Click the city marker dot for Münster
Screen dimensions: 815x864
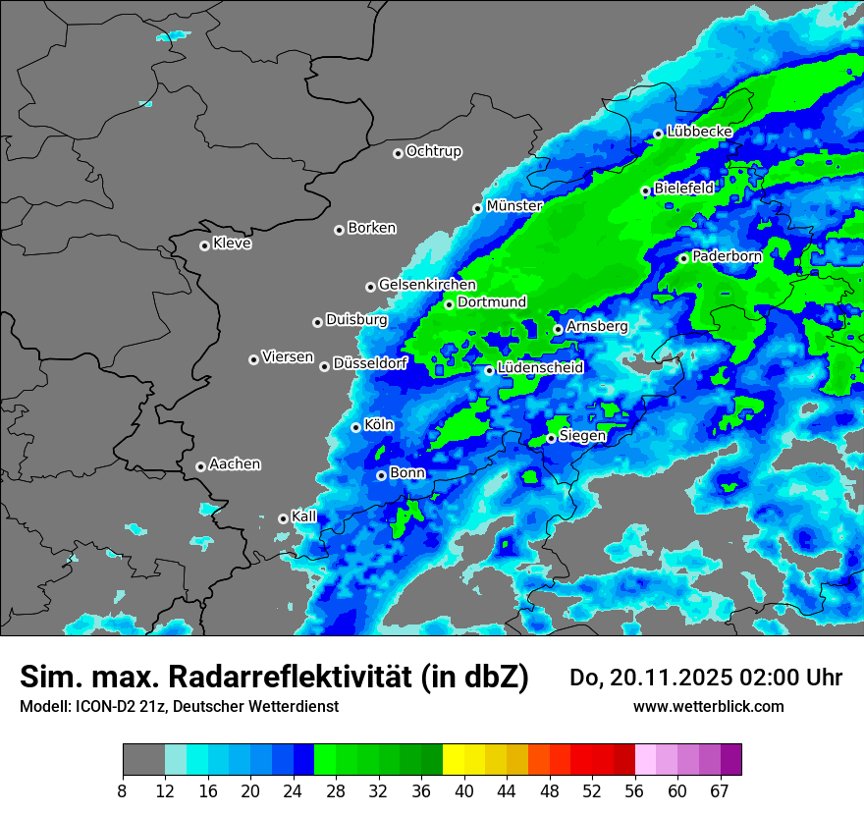pos(478,208)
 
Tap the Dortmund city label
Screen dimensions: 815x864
pos(492,302)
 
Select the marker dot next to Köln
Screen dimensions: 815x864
pos(356,427)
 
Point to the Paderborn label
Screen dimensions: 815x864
pos(728,256)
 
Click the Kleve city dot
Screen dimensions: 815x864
pos(205,245)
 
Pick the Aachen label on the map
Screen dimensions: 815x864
pos(235,464)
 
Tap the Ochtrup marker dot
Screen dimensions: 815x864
pos(398,153)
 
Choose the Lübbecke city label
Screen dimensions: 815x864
pos(699,132)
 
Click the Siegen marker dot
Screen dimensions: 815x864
pos(552,438)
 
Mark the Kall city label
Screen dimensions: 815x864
pos(304,516)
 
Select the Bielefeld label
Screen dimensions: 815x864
pos(684,188)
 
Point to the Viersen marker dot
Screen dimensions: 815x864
pos(253,359)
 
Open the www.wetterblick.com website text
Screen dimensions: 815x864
pos(708,707)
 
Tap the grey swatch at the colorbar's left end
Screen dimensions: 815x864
pos(143,760)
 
